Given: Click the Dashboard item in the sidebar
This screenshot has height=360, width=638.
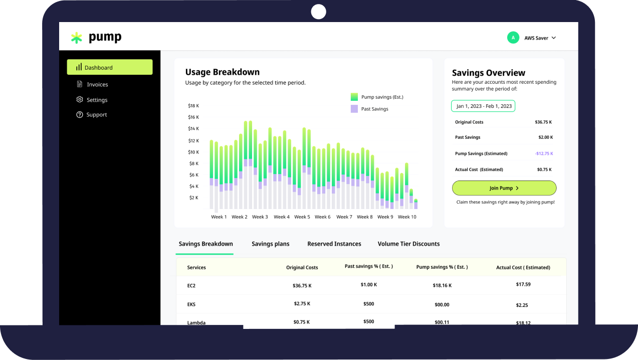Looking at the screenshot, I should coord(109,67).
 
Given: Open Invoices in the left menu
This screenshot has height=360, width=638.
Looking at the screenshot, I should coord(97,84).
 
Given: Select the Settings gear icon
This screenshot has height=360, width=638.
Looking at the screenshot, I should coord(80,100).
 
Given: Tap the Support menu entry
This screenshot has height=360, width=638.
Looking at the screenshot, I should coord(96,115).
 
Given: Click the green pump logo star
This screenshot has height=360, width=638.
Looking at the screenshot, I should coord(76,38).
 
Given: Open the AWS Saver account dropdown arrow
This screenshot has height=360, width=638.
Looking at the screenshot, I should coord(554,38).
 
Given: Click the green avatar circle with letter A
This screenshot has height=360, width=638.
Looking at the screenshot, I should coord(513,38).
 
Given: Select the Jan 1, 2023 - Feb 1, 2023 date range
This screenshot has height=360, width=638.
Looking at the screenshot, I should coord(483,106).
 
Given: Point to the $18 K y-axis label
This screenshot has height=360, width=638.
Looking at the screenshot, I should coord(193,106).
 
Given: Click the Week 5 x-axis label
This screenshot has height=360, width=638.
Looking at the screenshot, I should coord(302,217).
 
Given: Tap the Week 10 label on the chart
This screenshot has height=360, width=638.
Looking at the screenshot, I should coord(407,217).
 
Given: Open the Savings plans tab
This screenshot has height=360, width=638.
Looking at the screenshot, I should coord(270,244).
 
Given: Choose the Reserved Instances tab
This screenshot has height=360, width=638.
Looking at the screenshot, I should coord(334,244).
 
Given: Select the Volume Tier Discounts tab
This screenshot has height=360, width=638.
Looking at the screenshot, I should coord(408,244).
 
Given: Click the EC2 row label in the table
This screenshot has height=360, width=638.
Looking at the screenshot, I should coord(191,286).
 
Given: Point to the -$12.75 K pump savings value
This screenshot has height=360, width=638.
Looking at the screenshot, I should coord(543,153).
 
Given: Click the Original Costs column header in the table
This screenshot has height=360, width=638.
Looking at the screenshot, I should coord(302,268).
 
